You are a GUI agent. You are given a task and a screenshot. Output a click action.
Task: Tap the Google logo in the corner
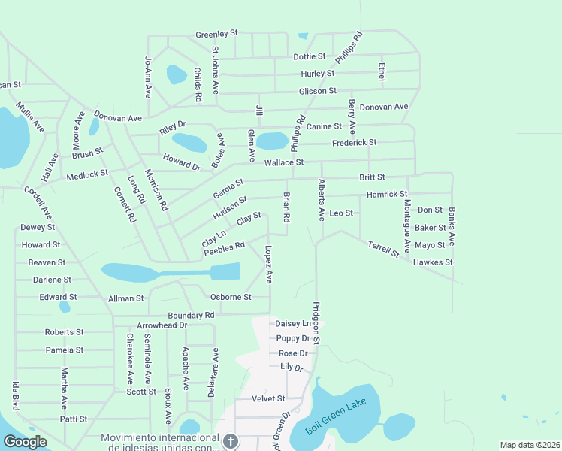click(24, 442)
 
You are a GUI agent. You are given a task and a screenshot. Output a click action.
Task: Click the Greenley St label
click(216, 34)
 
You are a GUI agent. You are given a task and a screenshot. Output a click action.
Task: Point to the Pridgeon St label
click(316, 324)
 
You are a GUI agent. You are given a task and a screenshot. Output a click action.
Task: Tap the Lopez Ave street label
click(268, 264)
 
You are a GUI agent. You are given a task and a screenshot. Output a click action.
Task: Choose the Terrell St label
click(383, 249)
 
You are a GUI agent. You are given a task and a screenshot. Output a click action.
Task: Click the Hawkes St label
click(433, 262)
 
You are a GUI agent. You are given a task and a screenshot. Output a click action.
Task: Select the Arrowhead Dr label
click(161, 325)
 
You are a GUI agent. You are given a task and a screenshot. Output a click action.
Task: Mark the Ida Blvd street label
click(14, 396)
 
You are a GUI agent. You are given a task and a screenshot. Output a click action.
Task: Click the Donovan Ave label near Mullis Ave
click(118, 118)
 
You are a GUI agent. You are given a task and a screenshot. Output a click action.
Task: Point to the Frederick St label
click(354, 142)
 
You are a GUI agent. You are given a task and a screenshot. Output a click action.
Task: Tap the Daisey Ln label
click(293, 323)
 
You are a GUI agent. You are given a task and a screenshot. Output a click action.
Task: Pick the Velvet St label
click(268, 398)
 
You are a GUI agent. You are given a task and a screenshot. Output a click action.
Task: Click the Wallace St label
click(283, 162)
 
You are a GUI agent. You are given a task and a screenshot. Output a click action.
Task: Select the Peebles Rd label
click(225, 247)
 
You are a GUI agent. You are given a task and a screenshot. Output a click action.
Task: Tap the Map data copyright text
click(529, 445)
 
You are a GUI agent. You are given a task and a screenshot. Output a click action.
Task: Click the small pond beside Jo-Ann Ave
click(176, 74)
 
